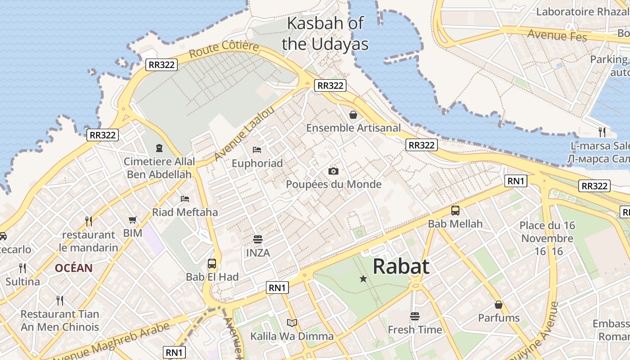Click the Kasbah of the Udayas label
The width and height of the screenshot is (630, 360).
(325, 33)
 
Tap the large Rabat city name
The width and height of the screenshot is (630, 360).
(401, 266)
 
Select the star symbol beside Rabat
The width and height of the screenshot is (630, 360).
(363, 279)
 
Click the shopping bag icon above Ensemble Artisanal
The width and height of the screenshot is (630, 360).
(353, 115)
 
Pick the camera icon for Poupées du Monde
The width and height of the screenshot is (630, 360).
(333, 171)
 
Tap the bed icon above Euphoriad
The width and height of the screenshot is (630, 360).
(257, 149)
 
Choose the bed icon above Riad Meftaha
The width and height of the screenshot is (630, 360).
(184, 198)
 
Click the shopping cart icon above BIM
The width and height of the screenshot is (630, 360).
(132, 220)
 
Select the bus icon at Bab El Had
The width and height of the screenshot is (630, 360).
(212, 264)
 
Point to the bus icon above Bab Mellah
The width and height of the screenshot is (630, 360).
(455, 210)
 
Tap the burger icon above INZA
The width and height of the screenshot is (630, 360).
(258, 239)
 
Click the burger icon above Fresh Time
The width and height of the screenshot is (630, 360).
(415, 316)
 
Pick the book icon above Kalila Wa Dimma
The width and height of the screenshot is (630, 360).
(292, 323)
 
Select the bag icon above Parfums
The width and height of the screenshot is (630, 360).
(499, 305)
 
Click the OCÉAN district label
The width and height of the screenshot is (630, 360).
(74, 268)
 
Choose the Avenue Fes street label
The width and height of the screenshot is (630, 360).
(557, 35)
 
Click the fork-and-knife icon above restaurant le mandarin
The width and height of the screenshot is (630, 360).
(89, 221)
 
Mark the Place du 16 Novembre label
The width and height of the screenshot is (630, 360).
(546, 232)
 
